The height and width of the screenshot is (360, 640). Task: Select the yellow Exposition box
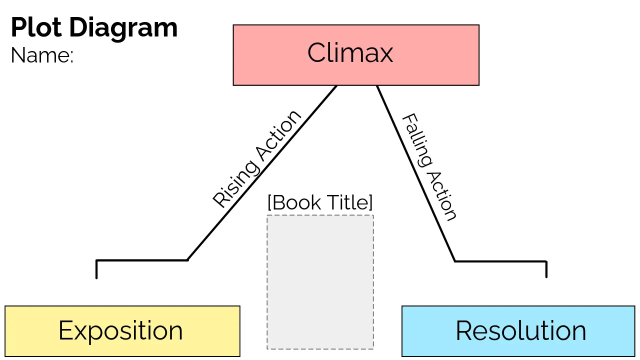tap(30, 345)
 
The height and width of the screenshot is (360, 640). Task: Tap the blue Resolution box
tap(425, 345)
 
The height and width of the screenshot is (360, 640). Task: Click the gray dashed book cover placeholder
tap(320, 282)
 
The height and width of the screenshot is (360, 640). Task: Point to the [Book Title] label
tap(320, 202)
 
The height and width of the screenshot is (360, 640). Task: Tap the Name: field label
tap(42, 55)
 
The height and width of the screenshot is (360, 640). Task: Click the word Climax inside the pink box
tap(350, 52)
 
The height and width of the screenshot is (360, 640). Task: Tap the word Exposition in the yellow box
tap(120, 331)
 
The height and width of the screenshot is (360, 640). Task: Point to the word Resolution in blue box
tap(520, 331)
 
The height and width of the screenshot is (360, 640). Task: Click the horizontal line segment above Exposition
tap(142, 260)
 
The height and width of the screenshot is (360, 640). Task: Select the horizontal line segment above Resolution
tap(500, 261)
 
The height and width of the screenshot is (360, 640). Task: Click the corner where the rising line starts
tap(187, 260)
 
